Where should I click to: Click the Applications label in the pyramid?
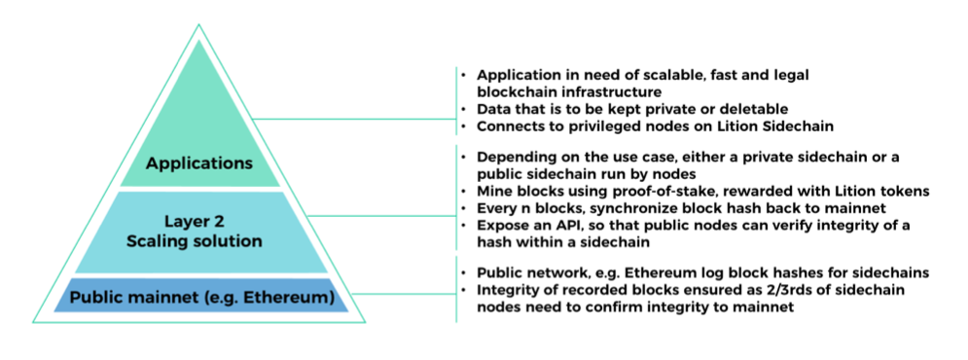198,163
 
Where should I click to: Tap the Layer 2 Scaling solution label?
195,232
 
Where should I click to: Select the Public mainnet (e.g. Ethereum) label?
202,298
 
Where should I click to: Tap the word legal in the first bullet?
792,75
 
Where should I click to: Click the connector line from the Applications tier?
354,119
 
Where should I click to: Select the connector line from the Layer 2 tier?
382,216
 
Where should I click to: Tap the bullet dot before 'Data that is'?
464,109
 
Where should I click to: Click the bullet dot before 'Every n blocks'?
464,209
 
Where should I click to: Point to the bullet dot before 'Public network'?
464,273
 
